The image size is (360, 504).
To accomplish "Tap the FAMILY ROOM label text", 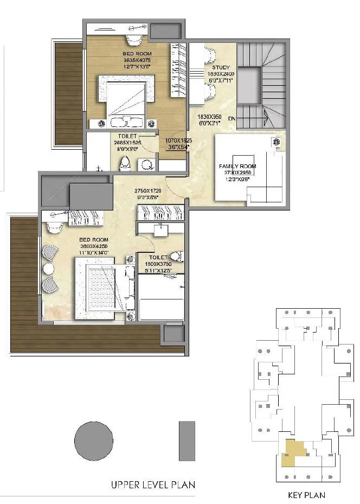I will tap(237, 166).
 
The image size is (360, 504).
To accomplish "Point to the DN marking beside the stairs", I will tap(232, 118).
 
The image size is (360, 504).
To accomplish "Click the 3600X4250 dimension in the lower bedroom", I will tap(93, 246).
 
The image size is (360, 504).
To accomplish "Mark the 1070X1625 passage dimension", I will tap(178, 141).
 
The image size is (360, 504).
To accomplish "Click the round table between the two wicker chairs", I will tap(48, 269).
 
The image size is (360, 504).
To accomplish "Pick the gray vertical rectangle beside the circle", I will tap(187, 441).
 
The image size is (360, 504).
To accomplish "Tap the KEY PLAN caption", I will tap(307, 495).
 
